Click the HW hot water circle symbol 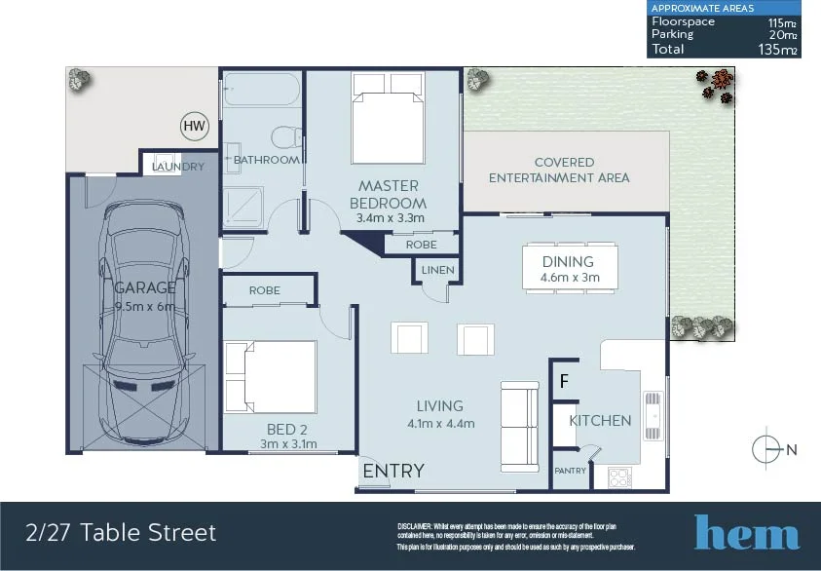(x=195, y=125)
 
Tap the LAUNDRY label (x=178, y=167)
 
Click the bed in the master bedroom (x=389, y=127)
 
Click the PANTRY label (x=569, y=471)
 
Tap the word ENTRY (x=393, y=472)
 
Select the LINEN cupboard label (x=438, y=270)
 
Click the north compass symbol (x=768, y=449)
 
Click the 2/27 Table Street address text (x=121, y=532)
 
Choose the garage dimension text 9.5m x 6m (x=145, y=305)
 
